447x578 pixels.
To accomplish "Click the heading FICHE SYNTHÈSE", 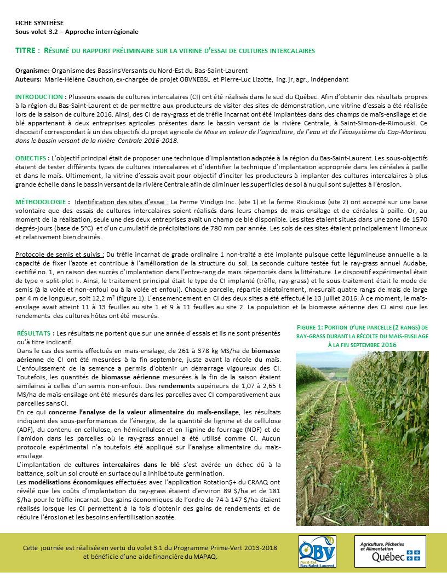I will pos(39,23).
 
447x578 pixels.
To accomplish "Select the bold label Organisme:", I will pos(32,71).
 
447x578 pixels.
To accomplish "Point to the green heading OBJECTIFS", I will pos(33,158).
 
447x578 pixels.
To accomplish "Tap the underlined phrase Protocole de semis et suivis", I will pos(59,255).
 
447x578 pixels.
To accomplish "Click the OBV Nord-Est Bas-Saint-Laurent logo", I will pos(317,552).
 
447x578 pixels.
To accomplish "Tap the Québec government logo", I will pos(389,552).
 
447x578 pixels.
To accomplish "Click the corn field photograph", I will pos(362,438).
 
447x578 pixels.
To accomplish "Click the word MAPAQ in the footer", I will pos(207,557).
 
